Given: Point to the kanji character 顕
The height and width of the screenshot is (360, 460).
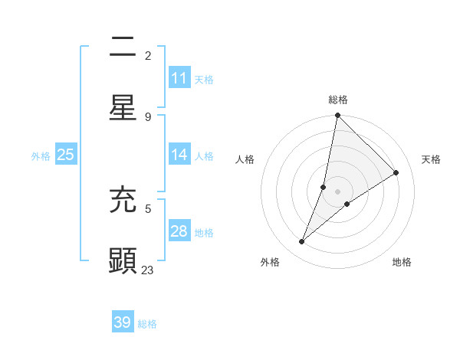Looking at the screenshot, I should [x=123, y=260].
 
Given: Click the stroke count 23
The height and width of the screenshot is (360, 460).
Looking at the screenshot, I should [x=148, y=270].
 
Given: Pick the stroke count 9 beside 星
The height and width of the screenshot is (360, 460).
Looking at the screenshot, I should [x=148, y=116].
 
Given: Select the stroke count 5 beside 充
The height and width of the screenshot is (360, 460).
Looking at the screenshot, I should [x=148, y=208].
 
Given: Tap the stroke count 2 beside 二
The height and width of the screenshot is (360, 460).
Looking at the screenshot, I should [x=148, y=56].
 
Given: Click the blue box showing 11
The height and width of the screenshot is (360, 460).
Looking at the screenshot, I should [x=179, y=78].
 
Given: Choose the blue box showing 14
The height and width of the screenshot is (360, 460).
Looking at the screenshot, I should [x=179, y=155].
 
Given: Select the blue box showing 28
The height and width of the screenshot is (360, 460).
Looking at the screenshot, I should [x=179, y=231].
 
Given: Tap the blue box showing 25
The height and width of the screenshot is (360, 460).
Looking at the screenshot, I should [x=66, y=155].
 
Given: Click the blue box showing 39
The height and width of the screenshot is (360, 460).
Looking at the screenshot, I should [x=123, y=322].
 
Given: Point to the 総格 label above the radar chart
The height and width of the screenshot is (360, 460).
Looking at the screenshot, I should [x=338, y=100].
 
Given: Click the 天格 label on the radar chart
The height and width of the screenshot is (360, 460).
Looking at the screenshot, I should [x=431, y=159].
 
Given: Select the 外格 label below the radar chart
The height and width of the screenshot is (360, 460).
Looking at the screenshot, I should [x=270, y=262].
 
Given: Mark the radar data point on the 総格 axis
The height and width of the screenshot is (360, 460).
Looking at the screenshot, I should [x=337, y=115].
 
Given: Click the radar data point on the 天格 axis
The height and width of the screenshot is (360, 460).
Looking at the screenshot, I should [x=396, y=173].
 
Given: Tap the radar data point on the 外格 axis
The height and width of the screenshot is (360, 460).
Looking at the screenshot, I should [x=302, y=242].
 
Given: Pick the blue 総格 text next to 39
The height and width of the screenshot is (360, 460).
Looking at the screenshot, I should [x=147, y=324].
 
